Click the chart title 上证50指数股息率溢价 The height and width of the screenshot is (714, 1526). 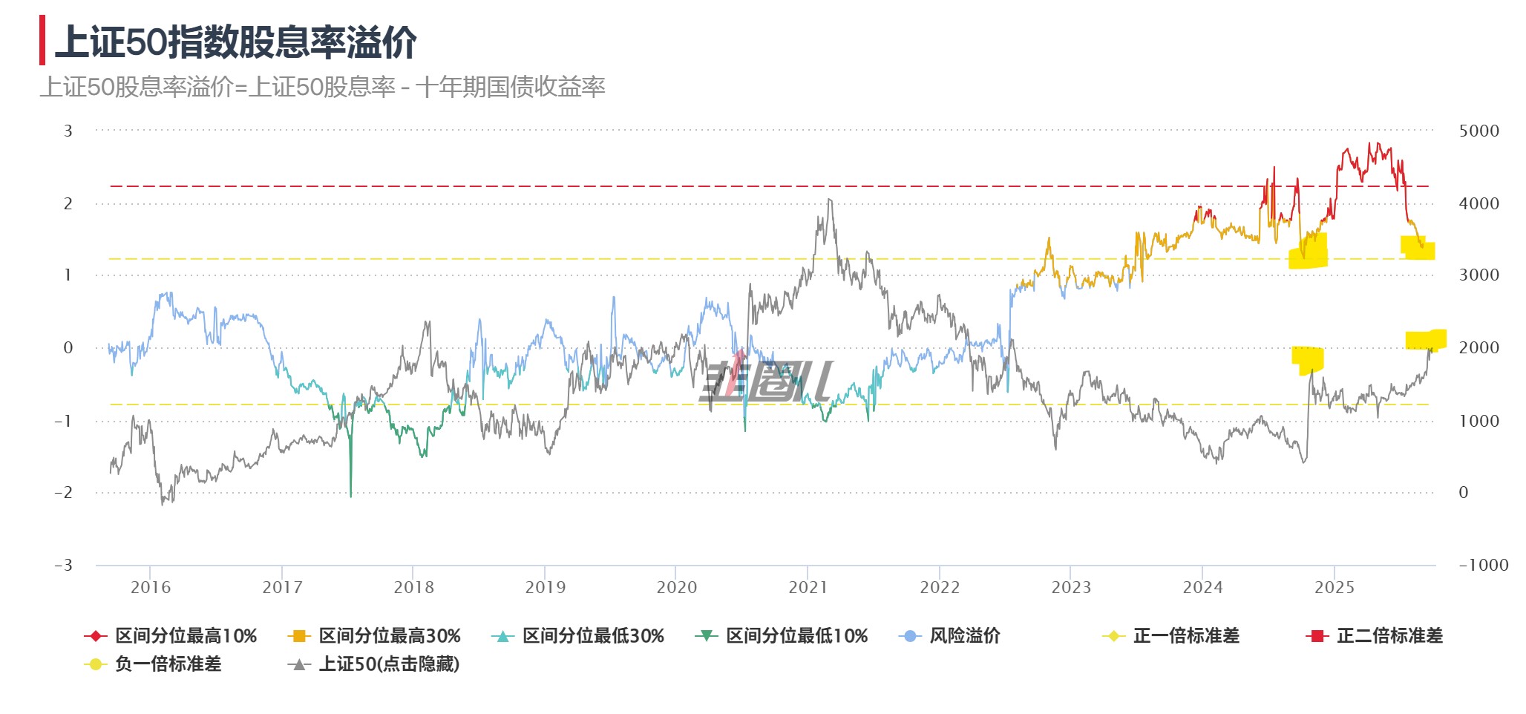[236, 42]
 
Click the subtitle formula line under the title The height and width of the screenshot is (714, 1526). [323, 88]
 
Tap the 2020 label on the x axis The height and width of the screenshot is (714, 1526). [676, 588]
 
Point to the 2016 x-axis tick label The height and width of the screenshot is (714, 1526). [150, 588]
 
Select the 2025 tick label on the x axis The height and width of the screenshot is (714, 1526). [1334, 588]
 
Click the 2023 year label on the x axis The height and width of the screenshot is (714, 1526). [1071, 588]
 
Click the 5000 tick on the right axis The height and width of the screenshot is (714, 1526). [1478, 131]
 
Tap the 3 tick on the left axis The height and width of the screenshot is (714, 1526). [68, 131]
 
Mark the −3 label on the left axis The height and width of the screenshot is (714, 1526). [64, 565]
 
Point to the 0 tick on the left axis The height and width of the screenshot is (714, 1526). [68, 348]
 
